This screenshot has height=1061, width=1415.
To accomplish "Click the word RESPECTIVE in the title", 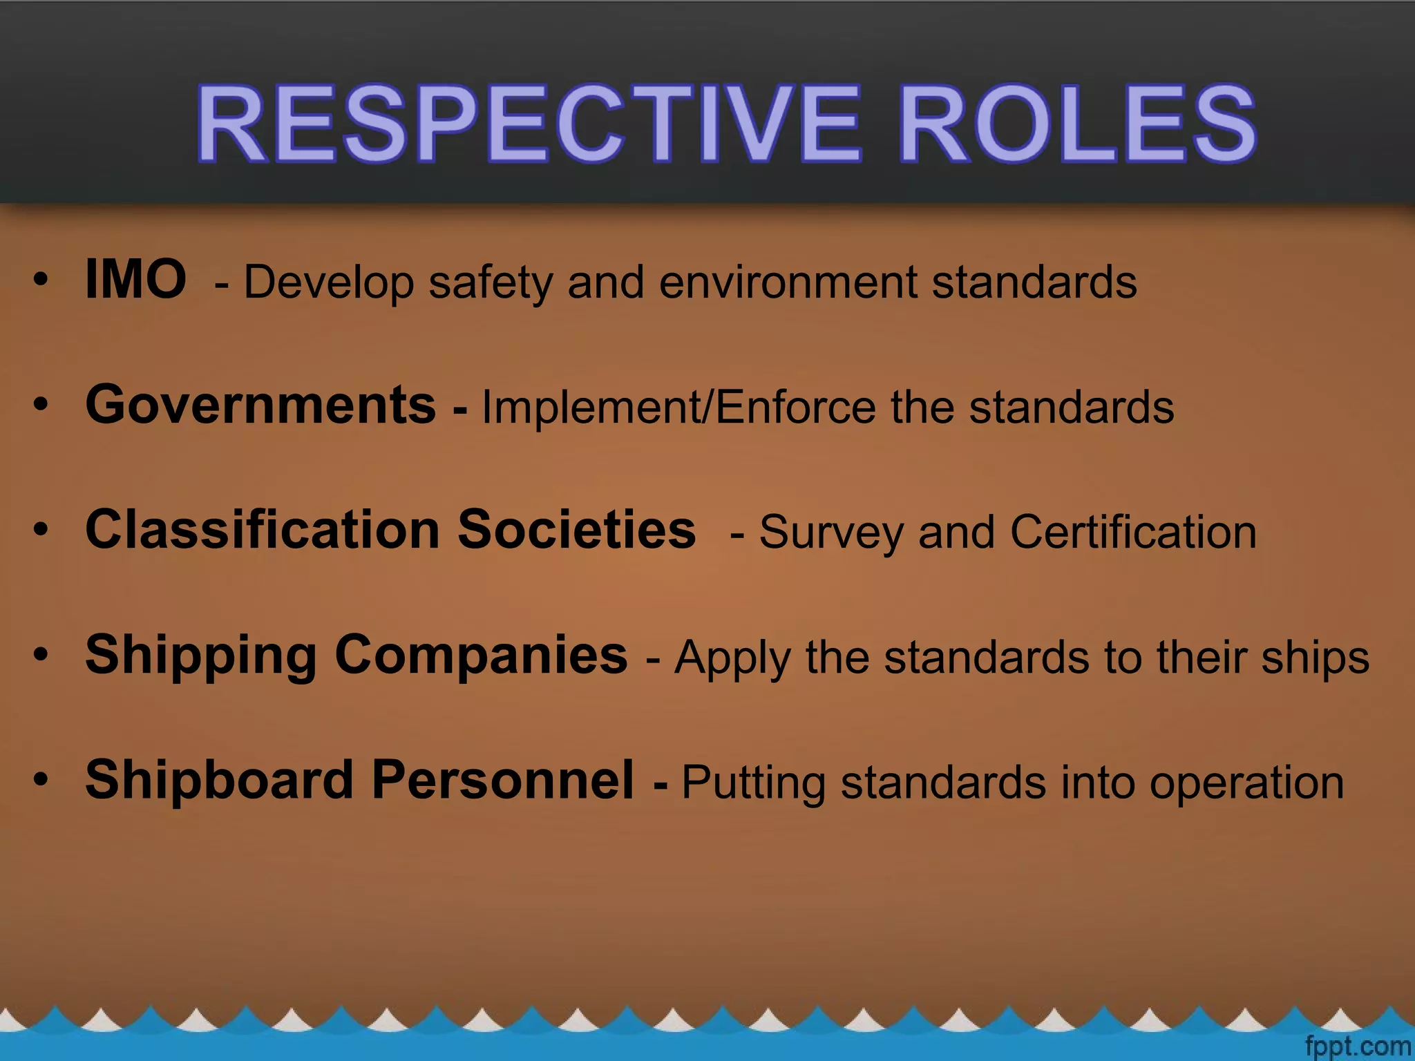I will tap(528, 124).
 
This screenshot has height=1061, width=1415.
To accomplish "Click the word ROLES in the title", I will tap(1078, 124).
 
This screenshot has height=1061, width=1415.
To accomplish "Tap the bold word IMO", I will tap(135, 279).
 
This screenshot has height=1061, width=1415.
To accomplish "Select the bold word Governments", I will tap(260, 405).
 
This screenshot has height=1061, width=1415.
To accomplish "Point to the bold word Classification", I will tap(263, 530).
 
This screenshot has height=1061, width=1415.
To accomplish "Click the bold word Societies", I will tap(576, 530).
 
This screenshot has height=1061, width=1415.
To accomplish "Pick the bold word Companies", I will tap(481, 655).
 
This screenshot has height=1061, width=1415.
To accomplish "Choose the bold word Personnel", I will tap(502, 780).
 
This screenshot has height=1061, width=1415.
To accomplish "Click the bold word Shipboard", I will tap(220, 780).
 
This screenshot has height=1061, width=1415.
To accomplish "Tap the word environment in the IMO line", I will tap(788, 283).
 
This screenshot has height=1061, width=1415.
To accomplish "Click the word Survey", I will tap(831, 533).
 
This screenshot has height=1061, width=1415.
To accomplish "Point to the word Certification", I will tap(1133, 533).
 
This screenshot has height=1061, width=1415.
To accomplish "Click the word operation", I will tap(1247, 783).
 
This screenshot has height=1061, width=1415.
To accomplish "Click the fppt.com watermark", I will tap(1358, 1046).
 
